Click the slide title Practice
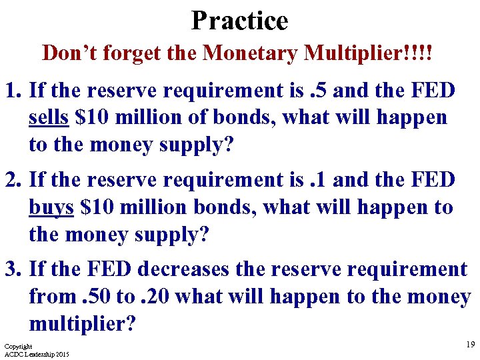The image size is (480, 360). (239, 20)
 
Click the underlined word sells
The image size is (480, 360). (49, 118)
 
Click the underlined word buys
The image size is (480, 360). (51, 207)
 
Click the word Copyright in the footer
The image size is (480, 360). (18, 347)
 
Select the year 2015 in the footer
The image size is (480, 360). (61, 354)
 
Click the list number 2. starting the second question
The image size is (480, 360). (14, 180)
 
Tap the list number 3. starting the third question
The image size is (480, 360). (14, 269)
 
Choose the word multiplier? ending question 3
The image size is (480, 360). (83, 324)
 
